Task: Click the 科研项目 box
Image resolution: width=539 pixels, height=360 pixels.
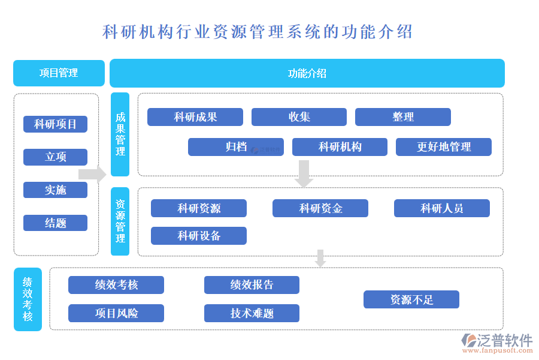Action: click(x=55, y=124)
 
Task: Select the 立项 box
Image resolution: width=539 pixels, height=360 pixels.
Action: click(x=55, y=157)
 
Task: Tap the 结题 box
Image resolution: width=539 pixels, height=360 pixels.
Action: click(x=55, y=223)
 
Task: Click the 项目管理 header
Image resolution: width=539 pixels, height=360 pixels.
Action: click(x=59, y=73)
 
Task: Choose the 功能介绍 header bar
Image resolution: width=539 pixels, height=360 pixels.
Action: click(x=307, y=73)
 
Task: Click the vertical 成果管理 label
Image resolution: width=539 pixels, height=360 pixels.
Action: click(x=120, y=134)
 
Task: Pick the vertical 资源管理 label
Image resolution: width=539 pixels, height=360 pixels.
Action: click(x=120, y=221)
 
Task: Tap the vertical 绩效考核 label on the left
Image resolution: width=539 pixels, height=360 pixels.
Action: click(x=28, y=299)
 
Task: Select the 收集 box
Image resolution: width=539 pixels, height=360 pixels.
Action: click(x=299, y=117)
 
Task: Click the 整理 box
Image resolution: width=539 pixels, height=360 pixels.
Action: click(x=402, y=117)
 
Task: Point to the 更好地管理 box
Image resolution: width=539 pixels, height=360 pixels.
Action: click(x=443, y=147)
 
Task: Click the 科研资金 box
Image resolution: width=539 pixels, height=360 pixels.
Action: click(x=320, y=208)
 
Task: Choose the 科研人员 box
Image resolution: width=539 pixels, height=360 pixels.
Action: click(x=441, y=208)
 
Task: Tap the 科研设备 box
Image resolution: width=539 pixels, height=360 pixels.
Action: click(x=199, y=236)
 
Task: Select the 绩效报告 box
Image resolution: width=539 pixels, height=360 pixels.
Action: click(x=252, y=285)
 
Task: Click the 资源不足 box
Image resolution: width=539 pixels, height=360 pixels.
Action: click(x=411, y=299)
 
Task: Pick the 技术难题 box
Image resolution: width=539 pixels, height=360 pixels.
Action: click(x=252, y=313)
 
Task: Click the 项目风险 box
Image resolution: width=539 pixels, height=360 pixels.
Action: click(x=116, y=313)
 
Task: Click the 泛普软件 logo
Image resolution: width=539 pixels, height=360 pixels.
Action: click(x=497, y=343)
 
